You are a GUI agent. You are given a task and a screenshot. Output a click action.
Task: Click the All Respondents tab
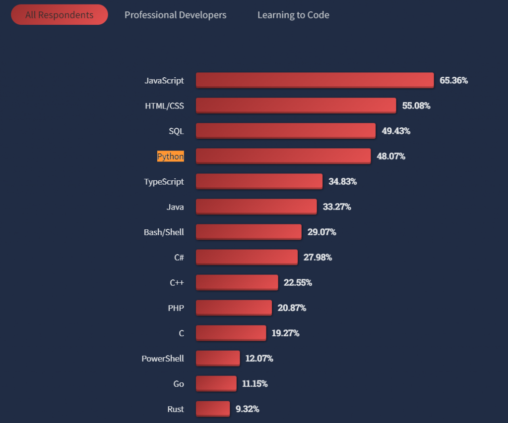pos(59,15)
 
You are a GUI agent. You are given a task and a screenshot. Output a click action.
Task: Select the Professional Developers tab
pos(175,15)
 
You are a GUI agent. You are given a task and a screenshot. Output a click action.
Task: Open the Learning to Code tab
pos(293,15)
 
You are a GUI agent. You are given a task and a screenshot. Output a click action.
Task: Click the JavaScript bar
pos(315,80)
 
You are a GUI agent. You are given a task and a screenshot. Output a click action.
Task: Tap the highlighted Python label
pos(170,157)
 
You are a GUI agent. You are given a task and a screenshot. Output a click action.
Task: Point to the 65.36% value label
pos(453,80)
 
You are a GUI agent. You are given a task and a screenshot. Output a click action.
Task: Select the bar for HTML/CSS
pos(296,105)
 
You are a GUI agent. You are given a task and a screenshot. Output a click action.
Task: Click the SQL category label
pos(176,131)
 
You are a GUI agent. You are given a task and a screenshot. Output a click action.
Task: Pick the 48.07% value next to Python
pos(391,157)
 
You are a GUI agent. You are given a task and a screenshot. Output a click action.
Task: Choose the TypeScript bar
pos(259,181)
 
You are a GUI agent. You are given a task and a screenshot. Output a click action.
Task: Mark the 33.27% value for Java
pos(337,207)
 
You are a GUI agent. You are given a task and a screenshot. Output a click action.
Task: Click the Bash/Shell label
pos(164,232)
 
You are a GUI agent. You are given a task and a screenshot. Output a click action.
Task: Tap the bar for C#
pos(247,257)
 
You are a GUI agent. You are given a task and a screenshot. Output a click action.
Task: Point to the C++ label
pos(177,283)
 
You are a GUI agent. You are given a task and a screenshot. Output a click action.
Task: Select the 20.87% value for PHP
pos(292,308)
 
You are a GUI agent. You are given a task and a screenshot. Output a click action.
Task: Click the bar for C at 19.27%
pos(231,332)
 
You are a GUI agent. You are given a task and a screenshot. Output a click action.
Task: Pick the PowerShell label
pos(163,359)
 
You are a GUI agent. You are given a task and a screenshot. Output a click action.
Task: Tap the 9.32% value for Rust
pos(247,409)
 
